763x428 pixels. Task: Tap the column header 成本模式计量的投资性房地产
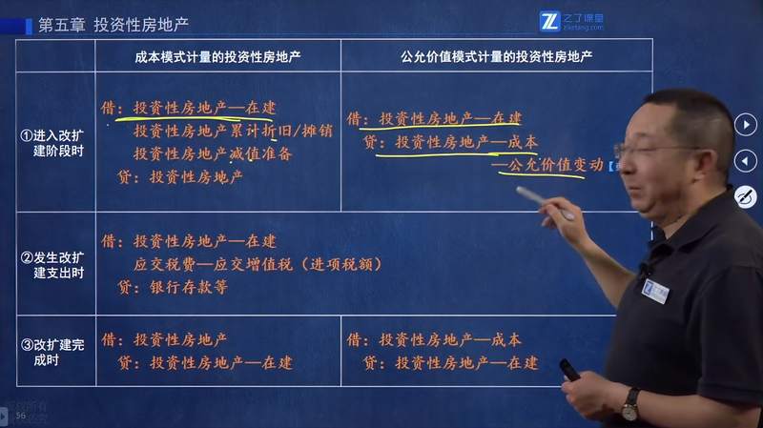[217, 56]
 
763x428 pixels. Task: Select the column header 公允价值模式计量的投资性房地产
[496, 56]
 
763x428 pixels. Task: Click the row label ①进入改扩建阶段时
[55, 143]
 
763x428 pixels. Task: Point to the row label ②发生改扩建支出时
[55, 264]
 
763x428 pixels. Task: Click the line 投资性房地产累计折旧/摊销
[233, 131]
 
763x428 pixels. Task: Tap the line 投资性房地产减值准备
[212, 153]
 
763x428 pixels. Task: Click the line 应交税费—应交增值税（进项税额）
[258, 264]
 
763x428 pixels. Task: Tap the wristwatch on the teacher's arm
[629, 404]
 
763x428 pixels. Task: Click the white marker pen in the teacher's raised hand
[545, 202]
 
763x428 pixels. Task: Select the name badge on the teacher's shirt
[655, 291]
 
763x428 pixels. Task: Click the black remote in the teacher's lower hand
[568, 370]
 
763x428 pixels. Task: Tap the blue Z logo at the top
[549, 21]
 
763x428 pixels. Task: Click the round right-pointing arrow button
[745, 125]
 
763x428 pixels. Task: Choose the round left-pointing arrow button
[745, 161]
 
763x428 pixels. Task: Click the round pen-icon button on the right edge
[745, 197]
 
